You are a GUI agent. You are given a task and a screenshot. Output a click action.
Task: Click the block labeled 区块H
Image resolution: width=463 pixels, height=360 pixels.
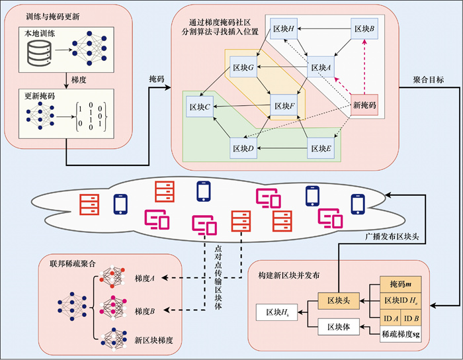286,30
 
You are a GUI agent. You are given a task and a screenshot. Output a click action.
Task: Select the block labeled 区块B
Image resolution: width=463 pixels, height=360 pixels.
364,30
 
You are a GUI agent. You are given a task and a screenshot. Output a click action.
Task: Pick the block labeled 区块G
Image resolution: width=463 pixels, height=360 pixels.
243,67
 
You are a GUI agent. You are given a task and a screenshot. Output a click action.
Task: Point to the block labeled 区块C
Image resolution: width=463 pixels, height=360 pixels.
200,105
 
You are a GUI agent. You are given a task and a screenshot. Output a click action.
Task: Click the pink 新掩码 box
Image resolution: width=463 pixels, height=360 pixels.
362,105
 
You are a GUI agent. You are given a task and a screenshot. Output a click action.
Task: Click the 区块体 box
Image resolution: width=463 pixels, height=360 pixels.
337,326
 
